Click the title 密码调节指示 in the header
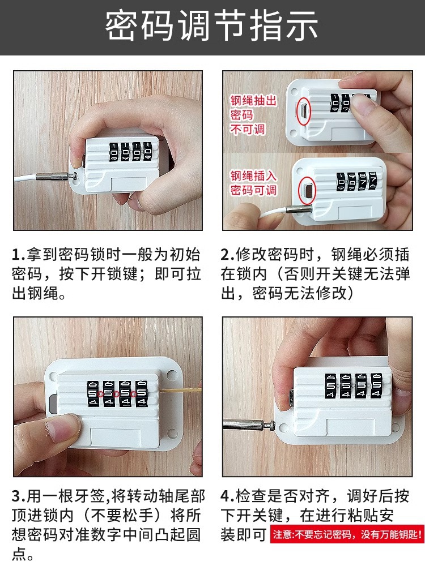point(212,27)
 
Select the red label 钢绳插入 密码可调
point(253,183)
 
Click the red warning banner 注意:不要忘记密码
point(347,534)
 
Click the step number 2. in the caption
point(227,255)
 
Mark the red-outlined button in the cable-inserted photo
point(307,190)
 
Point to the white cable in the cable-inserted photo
point(266,216)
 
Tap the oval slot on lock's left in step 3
point(52,403)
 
